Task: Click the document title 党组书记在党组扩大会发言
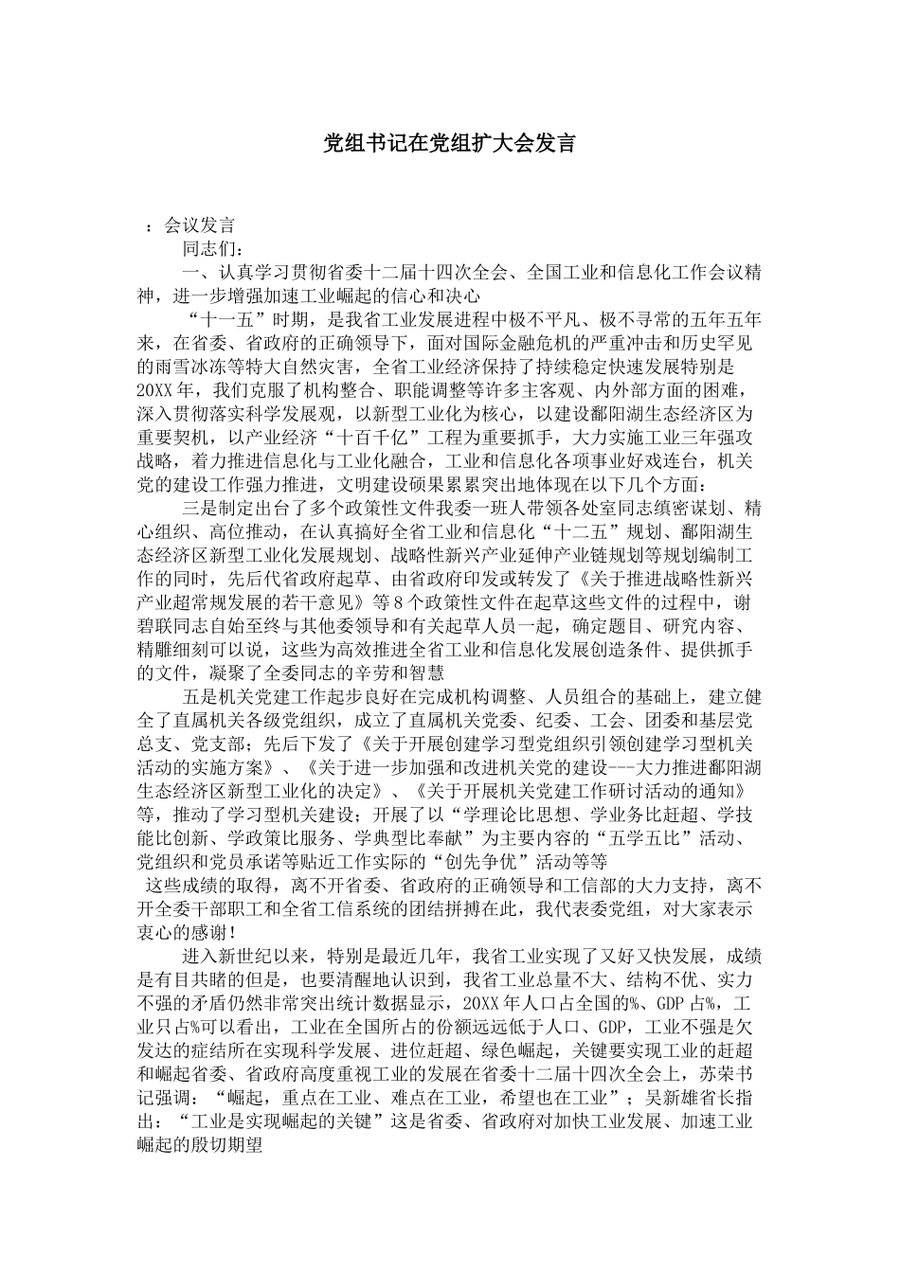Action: pos(449,144)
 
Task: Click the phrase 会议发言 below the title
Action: pos(199,225)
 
